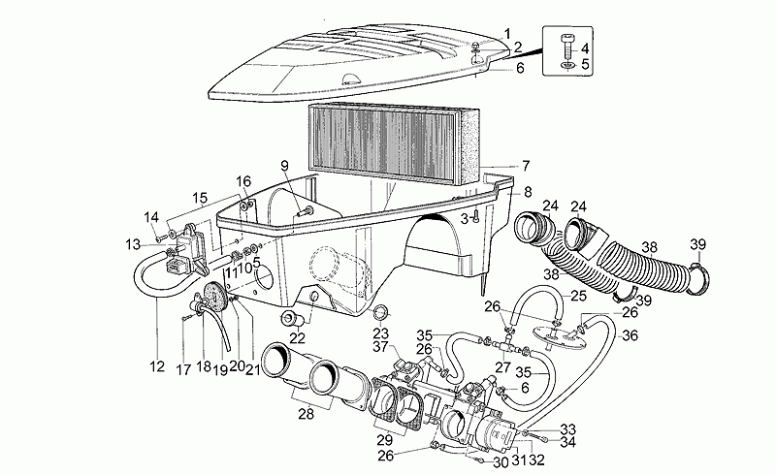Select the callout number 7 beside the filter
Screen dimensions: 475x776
tap(525, 165)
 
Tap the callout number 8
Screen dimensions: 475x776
tap(527, 191)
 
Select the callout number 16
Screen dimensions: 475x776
tap(243, 180)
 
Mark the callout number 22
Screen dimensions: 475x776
tap(296, 337)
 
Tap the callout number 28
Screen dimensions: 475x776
tap(307, 415)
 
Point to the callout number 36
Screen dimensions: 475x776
tap(630, 336)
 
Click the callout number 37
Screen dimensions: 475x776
tap(380, 347)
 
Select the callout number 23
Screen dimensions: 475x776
tap(380, 333)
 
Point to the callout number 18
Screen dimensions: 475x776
tap(205, 367)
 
